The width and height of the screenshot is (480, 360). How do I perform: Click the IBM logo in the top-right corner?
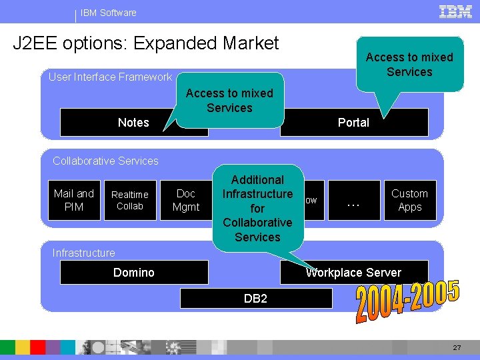[456, 11]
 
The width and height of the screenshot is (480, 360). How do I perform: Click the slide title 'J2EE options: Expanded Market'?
[146, 43]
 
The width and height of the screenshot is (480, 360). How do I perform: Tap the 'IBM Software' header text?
[109, 13]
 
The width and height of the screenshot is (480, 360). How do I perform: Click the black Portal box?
[353, 123]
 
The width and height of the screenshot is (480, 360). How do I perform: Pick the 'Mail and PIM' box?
[74, 200]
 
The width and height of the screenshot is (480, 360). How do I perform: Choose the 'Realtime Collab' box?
[130, 200]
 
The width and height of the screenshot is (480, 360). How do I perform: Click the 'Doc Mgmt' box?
[185, 200]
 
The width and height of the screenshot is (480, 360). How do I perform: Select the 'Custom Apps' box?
[409, 200]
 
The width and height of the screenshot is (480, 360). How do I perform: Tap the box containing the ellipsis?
[354, 200]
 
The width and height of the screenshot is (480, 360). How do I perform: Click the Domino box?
[134, 272]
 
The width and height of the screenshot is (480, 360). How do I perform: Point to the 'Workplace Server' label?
[353, 273]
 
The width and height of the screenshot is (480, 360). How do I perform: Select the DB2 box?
[256, 299]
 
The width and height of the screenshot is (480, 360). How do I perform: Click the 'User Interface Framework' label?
[110, 77]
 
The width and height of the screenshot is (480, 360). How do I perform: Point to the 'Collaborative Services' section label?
[105, 161]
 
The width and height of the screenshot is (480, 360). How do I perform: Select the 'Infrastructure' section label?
[83, 253]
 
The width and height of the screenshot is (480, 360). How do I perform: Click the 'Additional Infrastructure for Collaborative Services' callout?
[257, 208]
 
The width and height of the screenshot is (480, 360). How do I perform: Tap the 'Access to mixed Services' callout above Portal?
[409, 65]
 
